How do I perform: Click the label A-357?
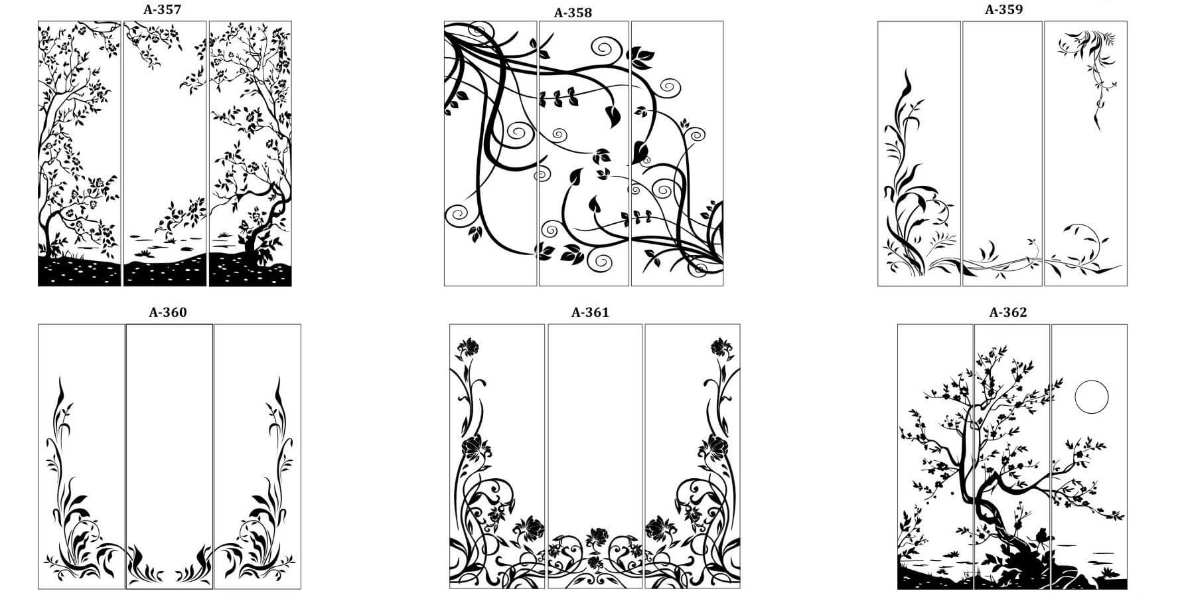click(162, 9)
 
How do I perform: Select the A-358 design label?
click(573, 13)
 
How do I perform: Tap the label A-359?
click(1003, 9)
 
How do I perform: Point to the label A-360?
click(168, 312)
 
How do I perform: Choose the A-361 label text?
click(590, 312)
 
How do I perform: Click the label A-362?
click(1008, 312)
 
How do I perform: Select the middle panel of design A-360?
click(169, 456)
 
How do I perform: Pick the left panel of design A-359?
click(919, 153)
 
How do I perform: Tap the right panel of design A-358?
click(677, 153)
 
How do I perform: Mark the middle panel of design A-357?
click(165, 153)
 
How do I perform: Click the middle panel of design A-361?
click(595, 456)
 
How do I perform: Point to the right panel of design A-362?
click(1089, 456)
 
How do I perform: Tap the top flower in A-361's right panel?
click(721, 347)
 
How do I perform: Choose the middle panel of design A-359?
click(1002, 153)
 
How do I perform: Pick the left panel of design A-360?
click(81, 456)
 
